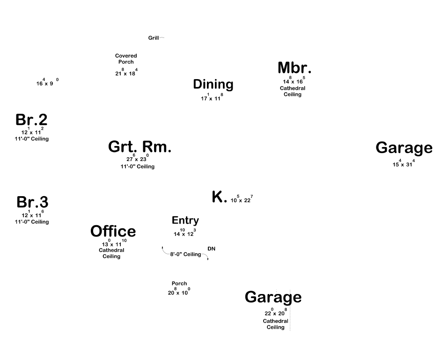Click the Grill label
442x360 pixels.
pyautogui.click(x=154, y=38)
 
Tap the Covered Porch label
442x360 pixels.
pyautogui.click(x=126, y=59)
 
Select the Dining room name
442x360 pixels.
pyautogui.click(x=213, y=84)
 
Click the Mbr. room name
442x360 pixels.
pyautogui.click(x=295, y=68)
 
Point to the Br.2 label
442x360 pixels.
pyautogui.click(x=31, y=119)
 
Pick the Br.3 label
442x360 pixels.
pyautogui.click(x=32, y=202)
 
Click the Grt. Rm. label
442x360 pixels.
pyautogui.click(x=140, y=147)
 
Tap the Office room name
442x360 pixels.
pyautogui.click(x=113, y=231)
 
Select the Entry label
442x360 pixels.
pyautogui.click(x=185, y=220)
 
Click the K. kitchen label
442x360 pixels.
pyautogui.click(x=219, y=197)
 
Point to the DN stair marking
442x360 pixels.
pyautogui.click(x=212, y=249)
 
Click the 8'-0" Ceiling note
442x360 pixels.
pyautogui.click(x=185, y=254)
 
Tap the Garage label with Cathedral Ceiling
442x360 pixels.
pyautogui.click(x=273, y=297)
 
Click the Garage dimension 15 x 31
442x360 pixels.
pyautogui.click(x=404, y=163)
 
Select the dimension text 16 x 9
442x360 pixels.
pyautogui.click(x=47, y=82)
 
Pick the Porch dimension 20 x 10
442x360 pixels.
pyautogui.click(x=179, y=291)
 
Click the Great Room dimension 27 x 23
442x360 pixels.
pyautogui.click(x=138, y=158)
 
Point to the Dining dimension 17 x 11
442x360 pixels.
pyautogui.click(x=212, y=97)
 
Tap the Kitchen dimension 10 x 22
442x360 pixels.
pyautogui.click(x=242, y=199)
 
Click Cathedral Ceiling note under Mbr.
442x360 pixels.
pyautogui.click(x=293, y=91)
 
